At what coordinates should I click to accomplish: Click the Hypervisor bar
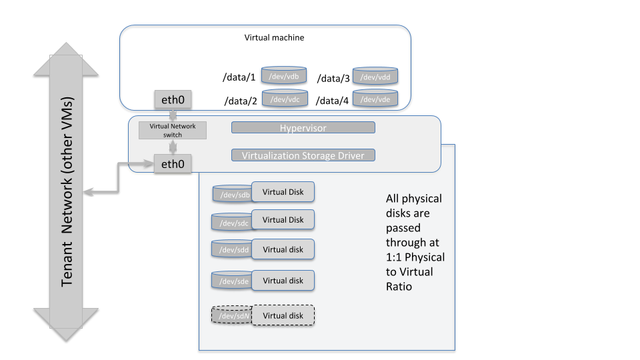pyautogui.click(x=303, y=127)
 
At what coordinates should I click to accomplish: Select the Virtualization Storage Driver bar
pyautogui.click(x=303, y=155)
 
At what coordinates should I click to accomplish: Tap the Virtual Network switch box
pyautogui.click(x=173, y=130)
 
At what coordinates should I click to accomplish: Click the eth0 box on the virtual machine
pyautogui.click(x=173, y=101)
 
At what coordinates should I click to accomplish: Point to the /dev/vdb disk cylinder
pyautogui.click(x=284, y=75)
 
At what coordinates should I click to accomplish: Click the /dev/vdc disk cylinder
pyautogui.click(x=285, y=99)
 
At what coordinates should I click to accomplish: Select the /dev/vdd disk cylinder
pyautogui.click(x=375, y=76)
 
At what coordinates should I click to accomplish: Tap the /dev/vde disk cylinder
pyautogui.click(x=375, y=99)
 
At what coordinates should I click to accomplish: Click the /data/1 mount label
pyautogui.click(x=239, y=78)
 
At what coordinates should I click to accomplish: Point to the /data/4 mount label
pyautogui.click(x=333, y=101)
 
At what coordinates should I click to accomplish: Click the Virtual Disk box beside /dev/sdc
pyautogui.click(x=283, y=220)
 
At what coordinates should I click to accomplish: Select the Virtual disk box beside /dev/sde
pyautogui.click(x=283, y=281)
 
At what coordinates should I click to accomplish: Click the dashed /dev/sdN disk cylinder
pyautogui.click(x=231, y=315)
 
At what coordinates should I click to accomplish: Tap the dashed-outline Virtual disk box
pyautogui.click(x=283, y=315)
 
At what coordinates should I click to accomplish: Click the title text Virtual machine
pyautogui.click(x=275, y=38)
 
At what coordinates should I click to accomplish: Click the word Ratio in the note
pyautogui.click(x=399, y=286)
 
